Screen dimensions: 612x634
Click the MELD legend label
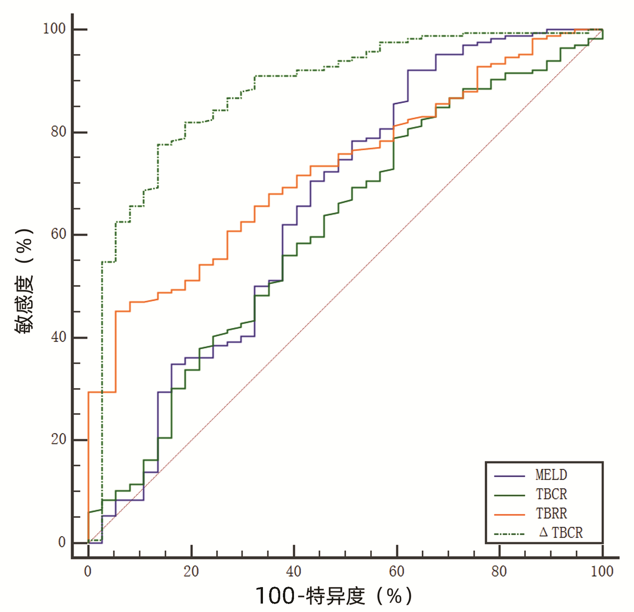pyautogui.click(x=551, y=475)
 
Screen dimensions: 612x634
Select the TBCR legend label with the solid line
pyautogui.click(x=551, y=494)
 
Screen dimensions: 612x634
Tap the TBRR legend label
pyautogui.click(x=551, y=514)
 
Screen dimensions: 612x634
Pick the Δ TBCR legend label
pyautogui.click(x=561, y=533)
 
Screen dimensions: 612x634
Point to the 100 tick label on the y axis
pyautogui.click(x=54, y=29)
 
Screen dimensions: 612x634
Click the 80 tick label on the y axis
pyautogui.click(x=58, y=132)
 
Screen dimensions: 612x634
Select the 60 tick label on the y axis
pyautogui.click(x=58, y=234)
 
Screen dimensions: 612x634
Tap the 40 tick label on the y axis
pyautogui.click(x=58, y=337)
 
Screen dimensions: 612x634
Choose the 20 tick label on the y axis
pyautogui.click(x=58, y=439)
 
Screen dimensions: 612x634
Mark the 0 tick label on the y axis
pyautogui.click(x=62, y=542)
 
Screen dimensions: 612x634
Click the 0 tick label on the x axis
pyautogui.click(x=88, y=572)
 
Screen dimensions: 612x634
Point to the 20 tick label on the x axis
pyautogui.click(x=191, y=572)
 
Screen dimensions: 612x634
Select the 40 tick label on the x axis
pyautogui.click(x=294, y=572)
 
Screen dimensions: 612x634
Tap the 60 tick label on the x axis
pyautogui.click(x=397, y=572)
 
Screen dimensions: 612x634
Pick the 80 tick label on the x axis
pyautogui.click(x=499, y=572)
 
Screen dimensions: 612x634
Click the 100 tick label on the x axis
pyautogui.click(x=602, y=572)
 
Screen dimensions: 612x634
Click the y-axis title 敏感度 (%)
pyautogui.click(x=24, y=281)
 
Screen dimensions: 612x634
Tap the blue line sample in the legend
pyautogui.click(x=509, y=476)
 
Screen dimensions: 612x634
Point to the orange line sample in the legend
pyautogui.click(x=509, y=515)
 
